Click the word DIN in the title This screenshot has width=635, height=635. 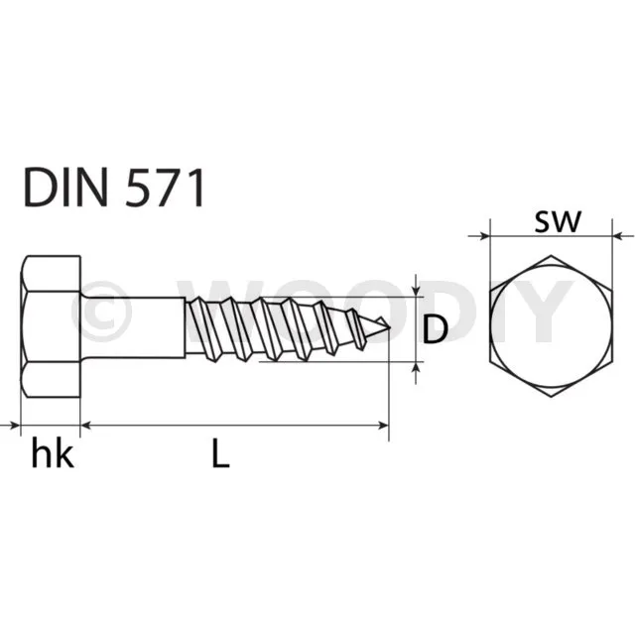[66, 188]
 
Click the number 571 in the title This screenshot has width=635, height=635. [163, 188]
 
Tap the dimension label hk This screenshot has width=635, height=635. [53, 454]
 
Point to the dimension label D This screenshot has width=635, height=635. [435, 329]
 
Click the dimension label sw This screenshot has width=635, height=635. [558, 222]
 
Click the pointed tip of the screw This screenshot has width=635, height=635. [389, 327]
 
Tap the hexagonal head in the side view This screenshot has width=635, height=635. [51, 326]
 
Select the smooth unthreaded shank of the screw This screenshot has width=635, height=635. [133, 327]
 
